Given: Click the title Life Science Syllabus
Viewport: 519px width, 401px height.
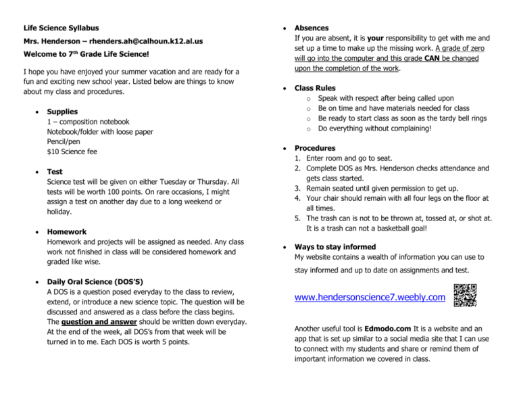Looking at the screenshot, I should coord(61,28).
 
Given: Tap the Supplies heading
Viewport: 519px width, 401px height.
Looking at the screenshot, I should coord(62,112).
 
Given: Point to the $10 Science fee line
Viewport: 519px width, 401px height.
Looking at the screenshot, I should coord(72,152).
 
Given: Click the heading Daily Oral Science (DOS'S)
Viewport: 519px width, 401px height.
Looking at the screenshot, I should coord(104,281).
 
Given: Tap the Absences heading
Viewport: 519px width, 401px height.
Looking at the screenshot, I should coord(312,28).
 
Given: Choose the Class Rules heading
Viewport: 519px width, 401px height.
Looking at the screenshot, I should coord(315,88).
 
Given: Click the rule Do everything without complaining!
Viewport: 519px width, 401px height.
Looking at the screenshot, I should coord(384,128).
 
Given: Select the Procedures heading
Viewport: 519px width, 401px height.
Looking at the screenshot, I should coord(316,148).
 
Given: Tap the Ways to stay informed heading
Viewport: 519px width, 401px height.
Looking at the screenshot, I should coord(335,247).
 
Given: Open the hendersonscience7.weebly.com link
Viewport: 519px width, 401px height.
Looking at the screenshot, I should coord(370,297).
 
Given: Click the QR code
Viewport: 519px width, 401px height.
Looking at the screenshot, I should coord(466,295).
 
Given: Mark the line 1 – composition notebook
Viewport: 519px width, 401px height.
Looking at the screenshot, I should coord(88,122).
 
